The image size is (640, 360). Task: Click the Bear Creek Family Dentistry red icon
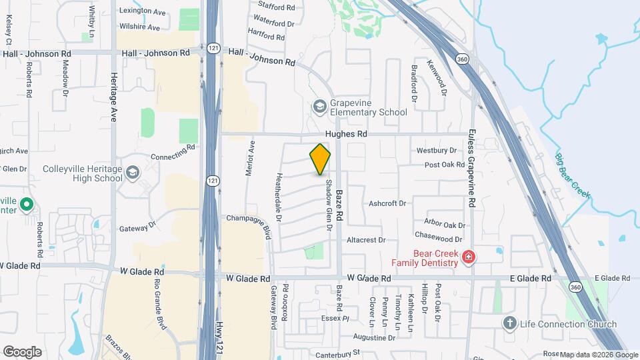(x=469, y=257)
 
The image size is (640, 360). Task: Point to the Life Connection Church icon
(x=510, y=324)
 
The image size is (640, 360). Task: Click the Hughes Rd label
(x=352, y=134)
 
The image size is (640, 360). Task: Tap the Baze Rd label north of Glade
(x=341, y=203)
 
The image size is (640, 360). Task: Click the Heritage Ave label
(x=113, y=97)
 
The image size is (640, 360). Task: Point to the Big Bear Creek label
(x=573, y=175)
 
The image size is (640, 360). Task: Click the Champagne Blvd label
(x=249, y=218)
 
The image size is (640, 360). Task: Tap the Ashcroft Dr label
(x=387, y=204)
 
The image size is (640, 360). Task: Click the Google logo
(x=22, y=351)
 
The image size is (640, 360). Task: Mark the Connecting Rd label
(x=172, y=151)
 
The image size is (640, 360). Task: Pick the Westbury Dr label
(x=437, y=151)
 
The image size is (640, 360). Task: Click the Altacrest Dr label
(x=365, y=240)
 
